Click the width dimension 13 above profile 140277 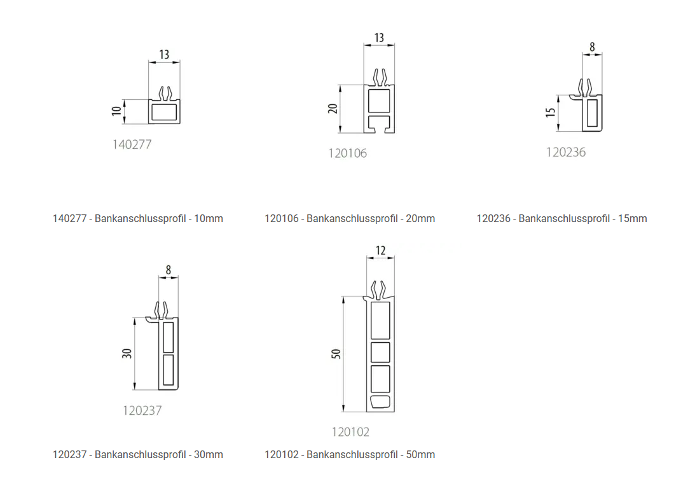(x=164, y=55)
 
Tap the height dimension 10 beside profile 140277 (x=116, y=111)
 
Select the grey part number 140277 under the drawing (x=132, y=144)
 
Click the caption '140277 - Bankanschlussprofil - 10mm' (x=138, y=219)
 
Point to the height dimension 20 (x=333, y=109)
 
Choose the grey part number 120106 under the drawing (x=347, y=153)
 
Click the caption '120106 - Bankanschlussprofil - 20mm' (x=350, y=219)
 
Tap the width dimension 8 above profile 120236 (x=592, y=47)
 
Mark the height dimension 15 (x=551, y=113)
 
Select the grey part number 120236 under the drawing (x=566, y=152)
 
